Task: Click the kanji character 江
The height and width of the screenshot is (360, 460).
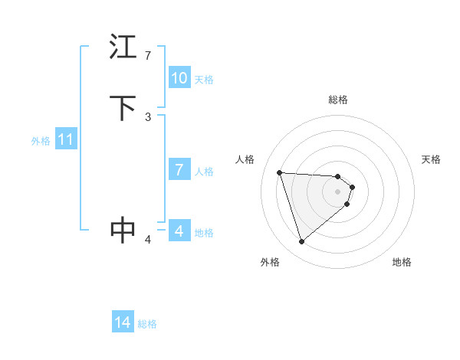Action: tap(123, 47)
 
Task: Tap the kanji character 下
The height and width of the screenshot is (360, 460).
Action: tap(123, 108)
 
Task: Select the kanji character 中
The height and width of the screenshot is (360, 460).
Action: tap(123, 230)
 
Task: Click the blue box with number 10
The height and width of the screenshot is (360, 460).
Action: tap(179, 78)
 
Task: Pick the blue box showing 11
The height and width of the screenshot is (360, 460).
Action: tap(66, 140)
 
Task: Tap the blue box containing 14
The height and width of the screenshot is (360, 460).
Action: tap(123, 323)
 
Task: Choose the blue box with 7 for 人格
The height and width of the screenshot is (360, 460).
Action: tap(179, 170)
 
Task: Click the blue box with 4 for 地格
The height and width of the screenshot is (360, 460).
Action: tap(179, 231)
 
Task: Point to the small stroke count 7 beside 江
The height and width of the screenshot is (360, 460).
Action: tap(148, 56)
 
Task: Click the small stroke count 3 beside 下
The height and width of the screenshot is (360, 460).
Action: tap(148, 117)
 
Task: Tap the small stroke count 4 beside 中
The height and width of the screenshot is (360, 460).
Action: tap(148, 240)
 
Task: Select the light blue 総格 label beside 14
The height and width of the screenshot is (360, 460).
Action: tap(147, 324)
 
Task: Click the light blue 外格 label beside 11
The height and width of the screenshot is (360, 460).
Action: tap(41, 141)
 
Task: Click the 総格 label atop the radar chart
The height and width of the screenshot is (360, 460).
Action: tap(338, 100)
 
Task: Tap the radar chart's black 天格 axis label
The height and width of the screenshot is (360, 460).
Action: tap(431, 159)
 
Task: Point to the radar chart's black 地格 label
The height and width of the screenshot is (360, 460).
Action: tap(402, 262)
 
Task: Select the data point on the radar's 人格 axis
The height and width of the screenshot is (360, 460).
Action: tap(280, 172)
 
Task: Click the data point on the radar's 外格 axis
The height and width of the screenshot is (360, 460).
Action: tap(302, 242)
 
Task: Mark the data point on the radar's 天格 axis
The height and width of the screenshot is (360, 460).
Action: tap(352, 187)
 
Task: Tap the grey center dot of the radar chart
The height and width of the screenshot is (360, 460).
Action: tap(338, 191)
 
